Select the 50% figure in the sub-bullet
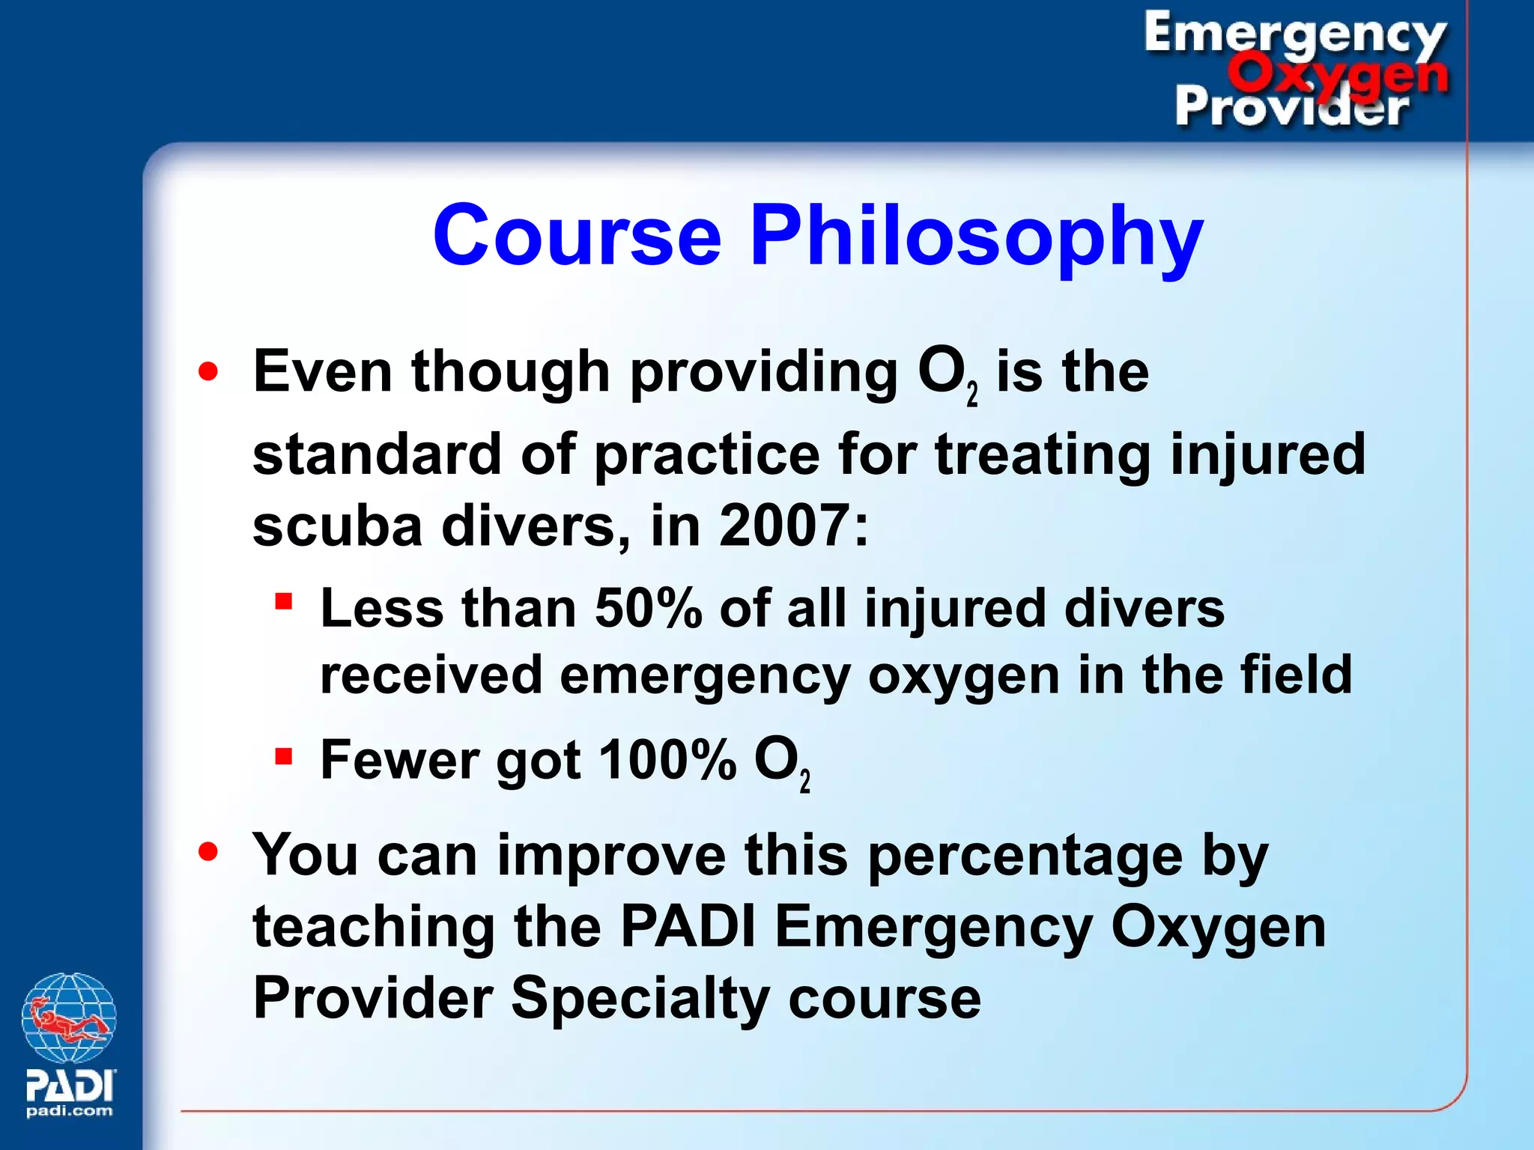pyautogui.click(x=648, y=608)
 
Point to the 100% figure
pyautogui.click(x=667, y=760)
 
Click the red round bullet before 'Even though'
pyautogui.click(x=208, y=371)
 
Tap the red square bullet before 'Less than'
pyautogui.click(x=283, y=601)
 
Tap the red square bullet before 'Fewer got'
pyautogui.click(x=283, y=755)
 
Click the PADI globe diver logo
pyautogui.click(x=69, y=1018)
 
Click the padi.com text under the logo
pyautogui.click(x=70, y=1111)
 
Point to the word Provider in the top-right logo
pyautogui.click(x=1292, y=107)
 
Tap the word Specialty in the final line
pyautogui.click(x=640, y=998)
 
